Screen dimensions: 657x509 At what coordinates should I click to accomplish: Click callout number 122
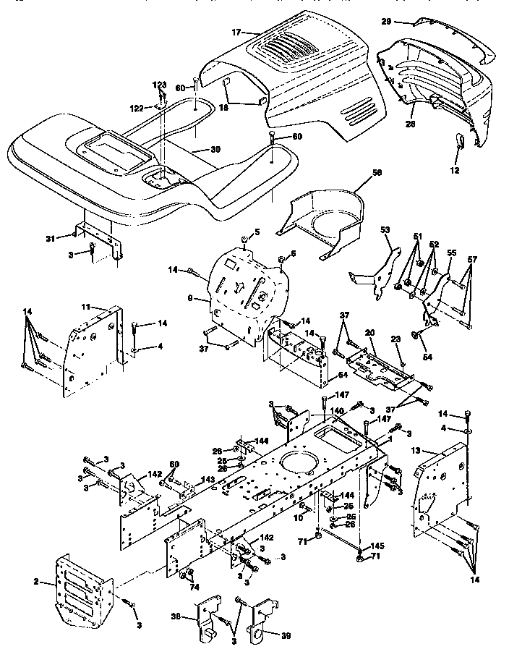click(137, 108)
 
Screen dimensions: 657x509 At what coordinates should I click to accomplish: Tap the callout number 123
click(159, 86)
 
